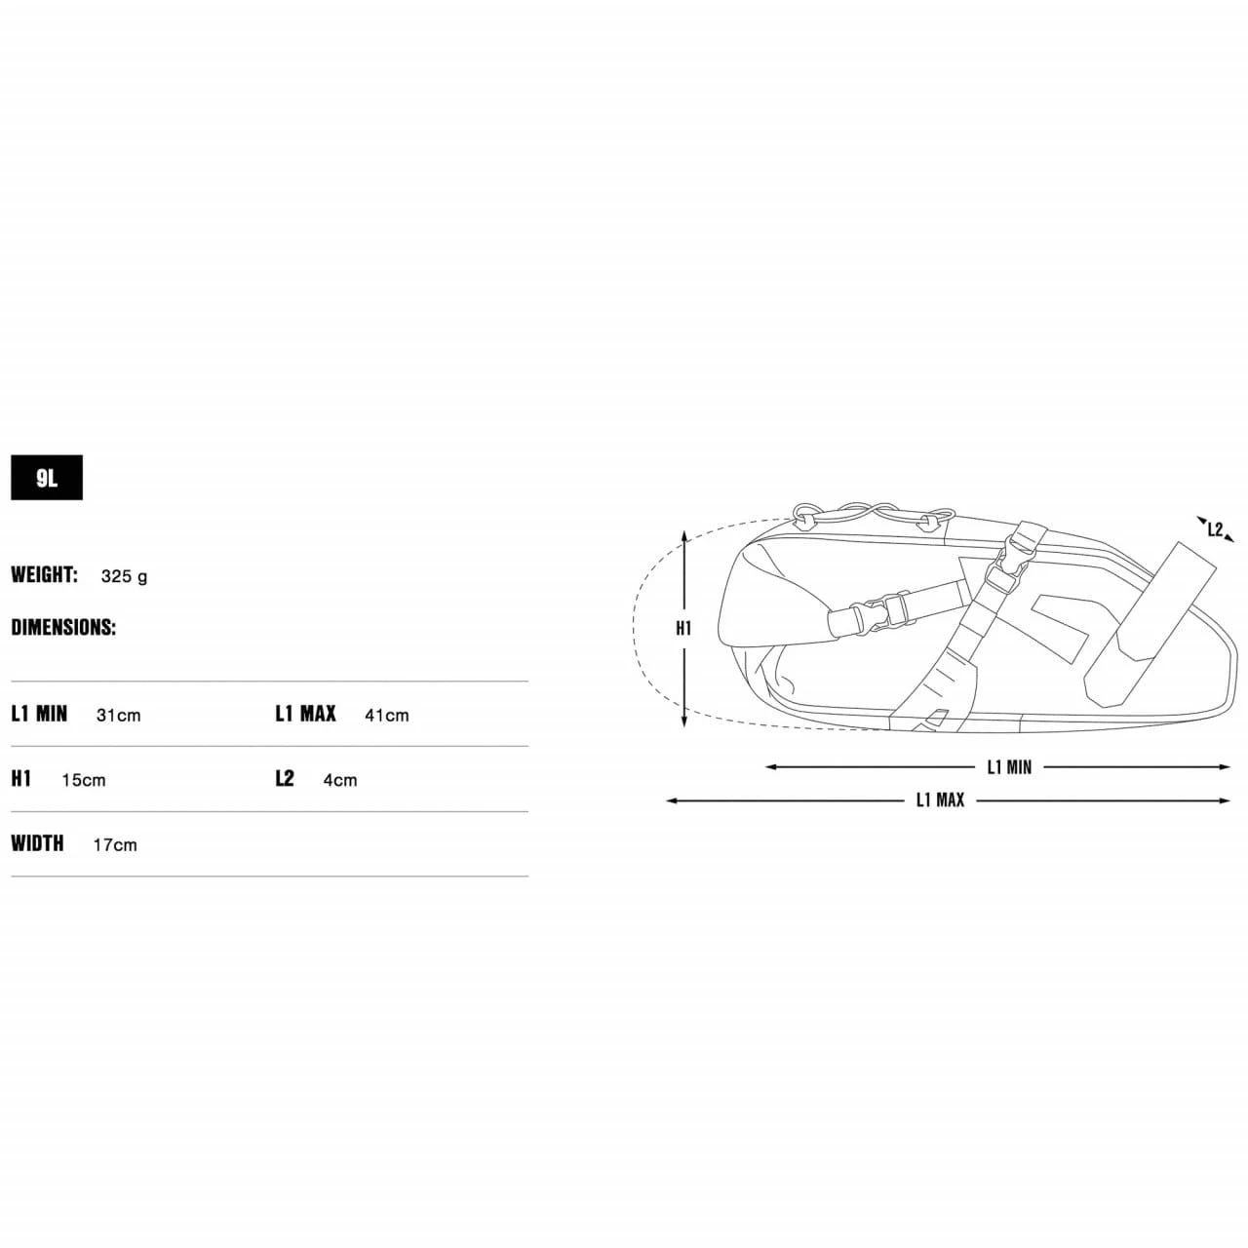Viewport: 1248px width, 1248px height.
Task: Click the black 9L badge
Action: tap(47, 478)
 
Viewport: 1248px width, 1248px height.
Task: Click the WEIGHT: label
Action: tap(45, 574)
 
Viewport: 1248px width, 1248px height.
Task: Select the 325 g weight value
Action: tap(125, 576)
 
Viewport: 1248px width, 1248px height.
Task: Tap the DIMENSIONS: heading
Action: tap(63, 627)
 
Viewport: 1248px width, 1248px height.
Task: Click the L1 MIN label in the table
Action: tap(40, 714)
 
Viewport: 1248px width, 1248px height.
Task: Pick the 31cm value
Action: tap(119, 715)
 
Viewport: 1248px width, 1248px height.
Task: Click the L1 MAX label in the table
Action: tap(306, 714)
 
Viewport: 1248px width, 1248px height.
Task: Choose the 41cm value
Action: tap(387, 715)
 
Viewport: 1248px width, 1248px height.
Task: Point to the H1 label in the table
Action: tap(21, 778)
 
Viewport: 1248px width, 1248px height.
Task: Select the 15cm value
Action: tap(84, 780)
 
